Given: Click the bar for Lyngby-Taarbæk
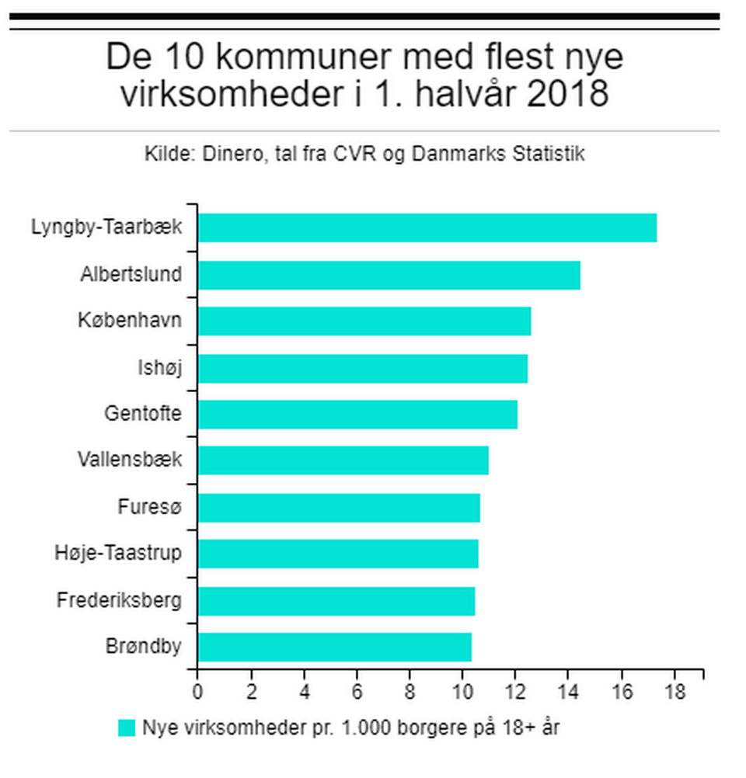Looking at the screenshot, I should [427, 227].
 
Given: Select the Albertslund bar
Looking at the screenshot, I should [389, 275].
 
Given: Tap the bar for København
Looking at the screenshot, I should [364, 321].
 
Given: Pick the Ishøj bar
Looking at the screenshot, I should [362, 368].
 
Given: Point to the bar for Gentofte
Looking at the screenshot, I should [357, 415].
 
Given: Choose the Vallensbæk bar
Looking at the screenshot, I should [343, 461].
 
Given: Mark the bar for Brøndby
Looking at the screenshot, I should [334, 648].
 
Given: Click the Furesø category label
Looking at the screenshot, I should [149, 507].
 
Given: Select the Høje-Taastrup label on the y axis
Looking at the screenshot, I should [118, 554].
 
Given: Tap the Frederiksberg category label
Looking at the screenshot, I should [119, 600].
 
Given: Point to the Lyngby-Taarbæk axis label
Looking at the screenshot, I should [106, 227].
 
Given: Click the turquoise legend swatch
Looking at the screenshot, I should [127, 728].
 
